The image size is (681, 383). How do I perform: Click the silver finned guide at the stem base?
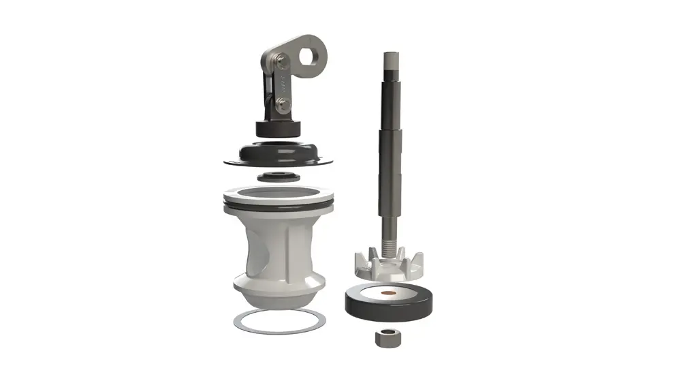pyautogui.click(x=389, y=264)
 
